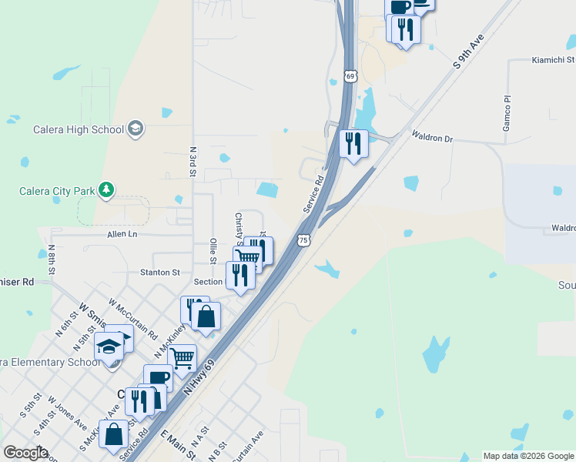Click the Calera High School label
pos(79,129)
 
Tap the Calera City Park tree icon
pos(106,189)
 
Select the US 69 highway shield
pos(351,76)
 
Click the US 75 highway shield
pos(304,240)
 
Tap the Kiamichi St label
pos(554,59)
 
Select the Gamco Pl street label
pos(507,113)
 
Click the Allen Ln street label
pos(122,233)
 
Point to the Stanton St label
pos(159,272)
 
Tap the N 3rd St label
pos(193,161)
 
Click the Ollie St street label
pos(213,253)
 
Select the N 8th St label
pos(52,260)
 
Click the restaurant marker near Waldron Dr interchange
pos(353,143)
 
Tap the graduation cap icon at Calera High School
pos(136,128)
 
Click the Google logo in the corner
pos(25,453)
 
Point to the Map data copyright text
pos(527,456)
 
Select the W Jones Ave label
pos(67,413)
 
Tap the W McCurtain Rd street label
pos(132,320)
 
